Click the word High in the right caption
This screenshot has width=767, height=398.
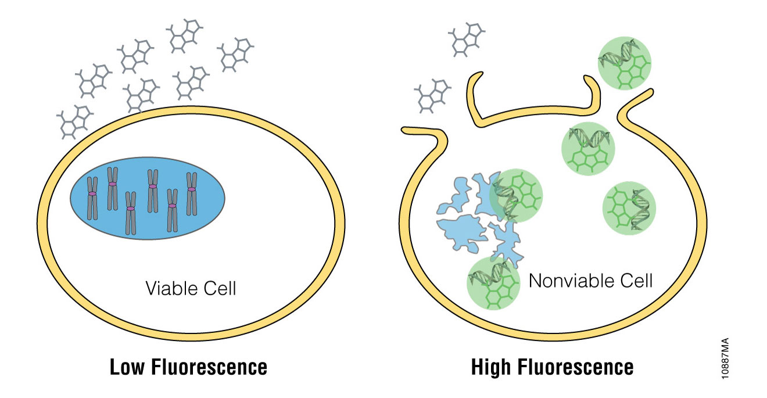pos(493,368)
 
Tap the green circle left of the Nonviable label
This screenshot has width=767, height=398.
pos(493,283)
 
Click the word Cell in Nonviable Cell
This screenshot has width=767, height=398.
pos(636,281)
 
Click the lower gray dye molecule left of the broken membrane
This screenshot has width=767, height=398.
pos(431,96)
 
